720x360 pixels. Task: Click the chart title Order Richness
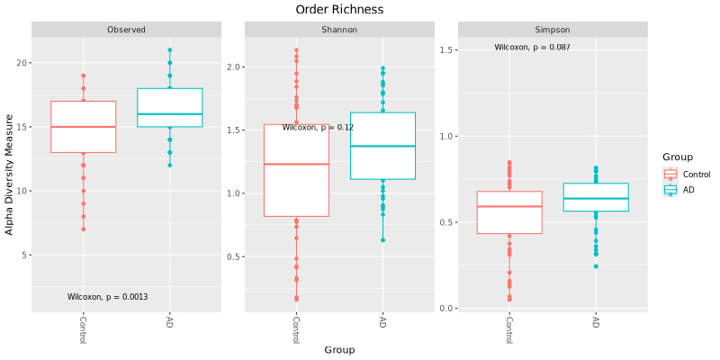click(x=339, y=9)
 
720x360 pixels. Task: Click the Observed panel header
click(x=126, y=30)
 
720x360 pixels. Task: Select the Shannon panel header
click(x=339, y=30)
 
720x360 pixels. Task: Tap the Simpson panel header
click(x=552, y=30)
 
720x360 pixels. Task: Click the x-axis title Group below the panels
click(x=339, y=349)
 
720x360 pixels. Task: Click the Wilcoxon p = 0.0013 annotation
click(x=107, y=297)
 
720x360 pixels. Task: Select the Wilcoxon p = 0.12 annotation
click(x=318, y=128)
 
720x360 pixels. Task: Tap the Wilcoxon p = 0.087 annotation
click(x=532, y=47)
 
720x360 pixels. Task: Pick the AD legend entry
click(x=688, y=190)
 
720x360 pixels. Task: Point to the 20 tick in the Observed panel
click(x=22, y=63)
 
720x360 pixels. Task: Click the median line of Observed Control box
click(x=83, y=127)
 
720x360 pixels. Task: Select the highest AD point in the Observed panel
click(x=169, y=50)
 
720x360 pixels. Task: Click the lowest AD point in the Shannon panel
click(x=382, y=240)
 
